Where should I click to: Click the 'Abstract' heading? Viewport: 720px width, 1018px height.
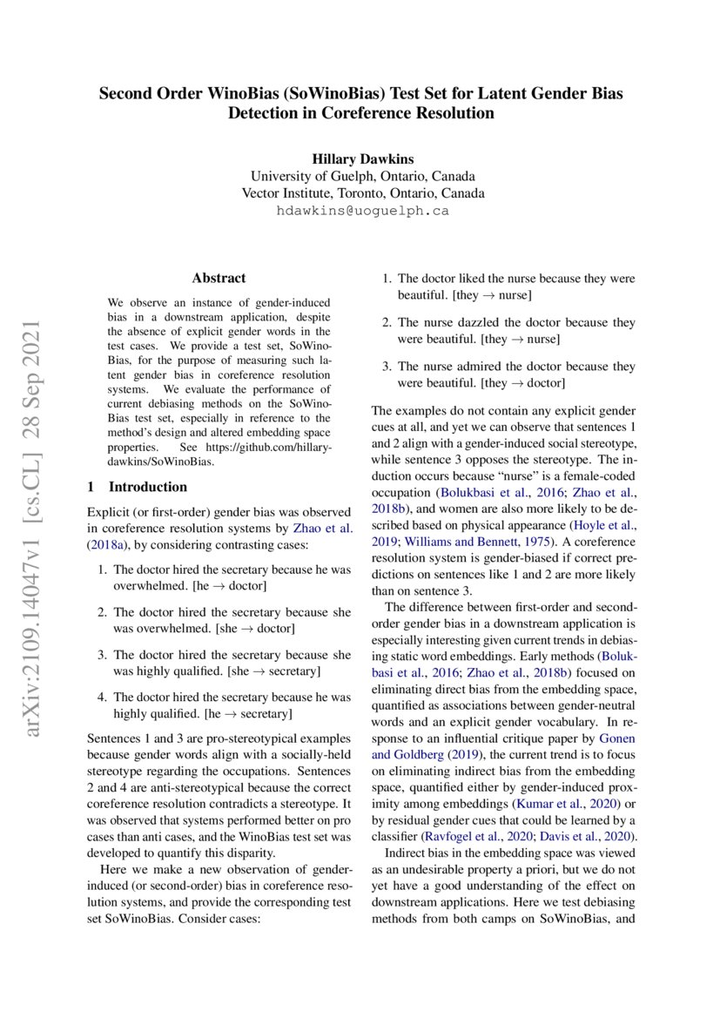click(219, 279)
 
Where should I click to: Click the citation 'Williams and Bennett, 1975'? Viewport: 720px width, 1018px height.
click(455, 542)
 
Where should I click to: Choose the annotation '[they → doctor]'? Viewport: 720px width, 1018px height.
click(525, 383)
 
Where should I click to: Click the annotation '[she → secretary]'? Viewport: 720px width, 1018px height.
click(273, 671)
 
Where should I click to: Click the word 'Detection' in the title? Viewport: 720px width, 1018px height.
click(273, 113)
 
